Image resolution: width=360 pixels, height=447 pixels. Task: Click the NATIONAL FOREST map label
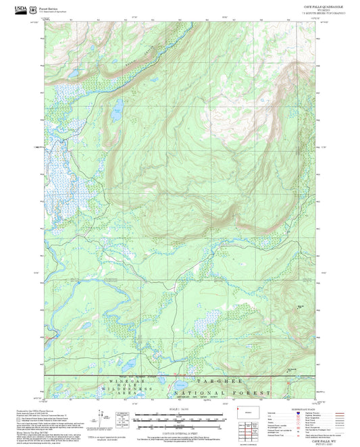point(223,392)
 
